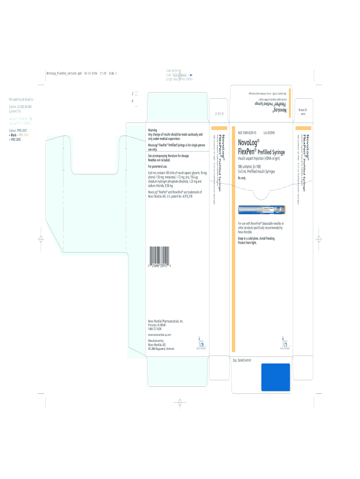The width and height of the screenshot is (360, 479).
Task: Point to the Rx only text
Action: click(x=242, y=178)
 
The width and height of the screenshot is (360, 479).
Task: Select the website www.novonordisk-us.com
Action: click(x=159, y=335)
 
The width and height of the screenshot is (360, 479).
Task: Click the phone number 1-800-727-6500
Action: click(x=155, y=329)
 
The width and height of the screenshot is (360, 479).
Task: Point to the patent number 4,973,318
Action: click(x=184, y=196)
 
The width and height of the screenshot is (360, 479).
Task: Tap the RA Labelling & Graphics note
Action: click(x=22, y=99)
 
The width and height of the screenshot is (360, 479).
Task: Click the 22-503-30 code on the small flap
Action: click(x=219, y=114)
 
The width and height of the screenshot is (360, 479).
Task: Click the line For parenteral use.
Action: click(x=158, y=166)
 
